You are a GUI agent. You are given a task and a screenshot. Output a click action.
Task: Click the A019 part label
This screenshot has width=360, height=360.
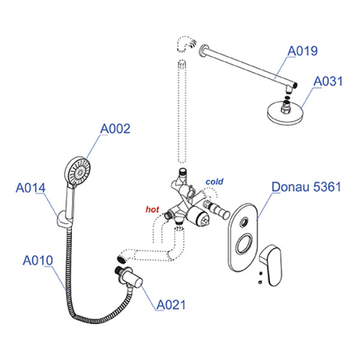[x=302, y=52]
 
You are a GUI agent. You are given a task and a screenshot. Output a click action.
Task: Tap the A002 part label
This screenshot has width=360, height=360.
[x=115, y=128]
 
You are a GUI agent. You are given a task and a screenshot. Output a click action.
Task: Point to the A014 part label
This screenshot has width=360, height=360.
[x=31, y=188]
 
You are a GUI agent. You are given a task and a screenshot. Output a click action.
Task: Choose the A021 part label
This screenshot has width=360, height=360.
[x=171, y=305]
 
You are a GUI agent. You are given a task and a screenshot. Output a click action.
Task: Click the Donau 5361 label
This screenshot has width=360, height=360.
[x=306, y=187]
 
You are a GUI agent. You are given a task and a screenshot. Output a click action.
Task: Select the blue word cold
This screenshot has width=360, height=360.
[x=215, y=181]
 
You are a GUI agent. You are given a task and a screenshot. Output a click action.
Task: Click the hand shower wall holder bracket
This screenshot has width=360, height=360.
[x=62, y=223]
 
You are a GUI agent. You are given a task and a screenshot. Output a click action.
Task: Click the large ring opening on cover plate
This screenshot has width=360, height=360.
[x=244, y=247]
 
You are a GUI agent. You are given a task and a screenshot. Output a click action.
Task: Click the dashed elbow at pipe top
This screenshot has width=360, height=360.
[x=184, y=45]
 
